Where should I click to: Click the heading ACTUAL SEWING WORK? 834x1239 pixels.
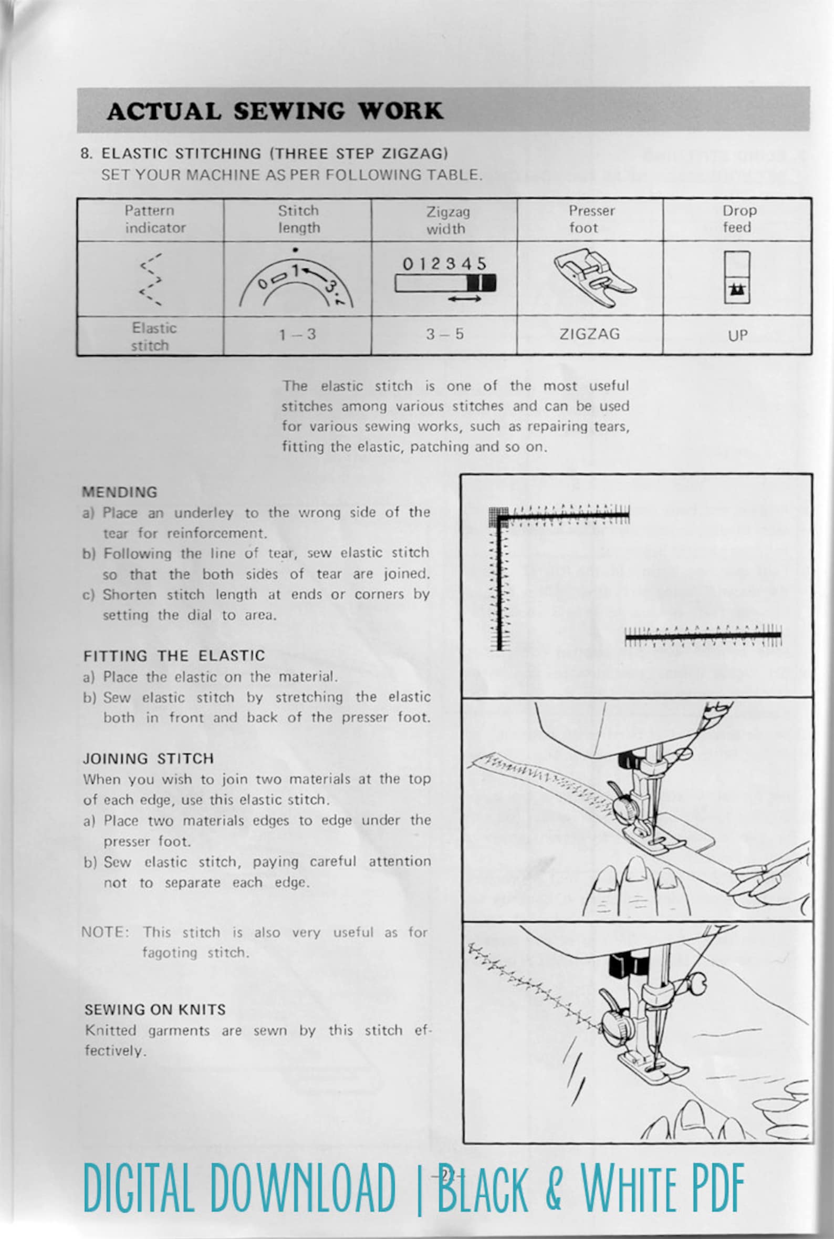pyautogui.click(x=275, y=111)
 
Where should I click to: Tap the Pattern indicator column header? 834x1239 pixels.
pyautogui.click(x=150, y=219)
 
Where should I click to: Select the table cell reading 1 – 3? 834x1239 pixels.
pyautogui.click(x=297, y=335)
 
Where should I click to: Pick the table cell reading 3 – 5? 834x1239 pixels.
pyautogui.click(x=444, y=334)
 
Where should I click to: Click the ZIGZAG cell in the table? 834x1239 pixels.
pyautogui.click(x=589, y=334)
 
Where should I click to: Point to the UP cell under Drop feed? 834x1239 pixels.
pyautogui.click(x=737, y=335)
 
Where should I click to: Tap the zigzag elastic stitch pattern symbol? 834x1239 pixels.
pyautogui.click(x=151, y=279)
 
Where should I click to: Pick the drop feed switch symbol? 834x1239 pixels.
pyautogui.click(x=737, y=277)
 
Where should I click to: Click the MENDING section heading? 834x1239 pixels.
pyautogui.click(x=120, y=492)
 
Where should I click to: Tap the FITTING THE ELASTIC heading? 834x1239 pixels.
pyautogui.click(x=174, y=656)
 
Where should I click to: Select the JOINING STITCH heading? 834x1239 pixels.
pyautogui.click(x=149, y=759)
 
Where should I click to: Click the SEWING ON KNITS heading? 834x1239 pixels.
pyautogui.click(x=155, y=1010)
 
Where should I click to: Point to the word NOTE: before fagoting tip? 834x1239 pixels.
pyautogui.click(x=106, y=933)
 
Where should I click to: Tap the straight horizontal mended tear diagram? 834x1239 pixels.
pyautogui.click(x=703, y=635)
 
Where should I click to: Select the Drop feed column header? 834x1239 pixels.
pyautogui.click(x=738, y=219)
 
